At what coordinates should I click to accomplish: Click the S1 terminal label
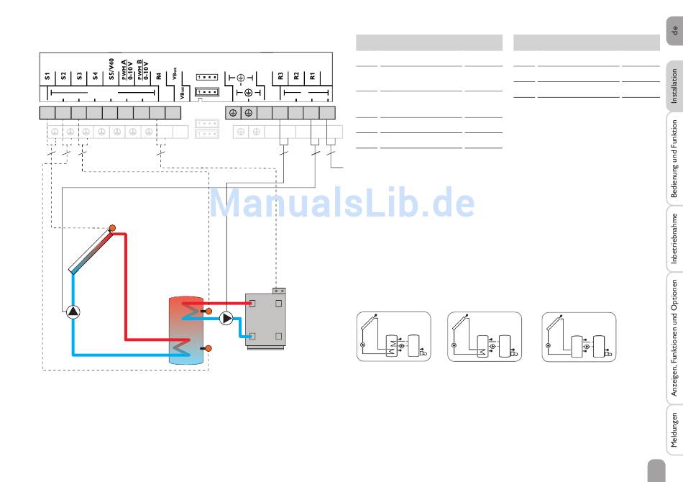point(47,76)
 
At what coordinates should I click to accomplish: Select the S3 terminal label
point(79,76)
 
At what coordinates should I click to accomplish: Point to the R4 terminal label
point(158,76)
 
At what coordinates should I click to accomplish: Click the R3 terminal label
point(280,76)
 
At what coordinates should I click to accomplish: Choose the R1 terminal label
point(312,76)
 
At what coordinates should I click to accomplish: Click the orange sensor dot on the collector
point(113,229)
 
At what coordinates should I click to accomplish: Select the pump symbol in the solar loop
point(73,312)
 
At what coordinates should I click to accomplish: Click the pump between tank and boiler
point(226,318)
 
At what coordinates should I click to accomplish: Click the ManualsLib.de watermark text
point(341,204)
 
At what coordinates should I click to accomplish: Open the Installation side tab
point(674,86)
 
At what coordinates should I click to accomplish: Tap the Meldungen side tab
point(674,429)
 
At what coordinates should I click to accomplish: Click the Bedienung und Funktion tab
point(674,158)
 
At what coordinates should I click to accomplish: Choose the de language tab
point(674,30)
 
